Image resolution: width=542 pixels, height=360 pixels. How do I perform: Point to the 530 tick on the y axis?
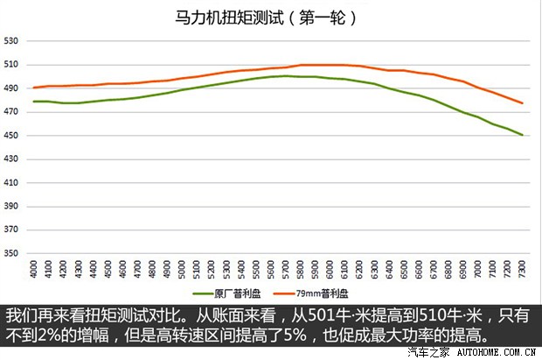(x=11, y=40)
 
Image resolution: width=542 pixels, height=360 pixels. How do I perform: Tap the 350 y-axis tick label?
(x=11, y=253)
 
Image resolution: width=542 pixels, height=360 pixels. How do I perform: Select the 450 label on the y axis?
(x=11, y=135)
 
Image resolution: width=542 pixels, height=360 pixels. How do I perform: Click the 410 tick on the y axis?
(x=11, y=182)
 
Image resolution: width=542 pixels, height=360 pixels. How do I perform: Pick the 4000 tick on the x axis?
(x=34, y=271)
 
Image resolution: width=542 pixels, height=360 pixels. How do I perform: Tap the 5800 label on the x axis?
(x=301, y=271)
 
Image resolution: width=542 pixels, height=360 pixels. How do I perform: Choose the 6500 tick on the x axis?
(x=405, y=271)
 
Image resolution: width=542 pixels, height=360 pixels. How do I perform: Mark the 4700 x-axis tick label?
(x=138, y=271)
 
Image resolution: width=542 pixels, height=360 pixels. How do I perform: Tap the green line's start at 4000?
(x=34, y=102)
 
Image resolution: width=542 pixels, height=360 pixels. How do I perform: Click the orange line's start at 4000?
(x=34, y=88)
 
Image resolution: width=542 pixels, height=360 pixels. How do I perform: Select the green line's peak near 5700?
(x=286, y=76)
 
